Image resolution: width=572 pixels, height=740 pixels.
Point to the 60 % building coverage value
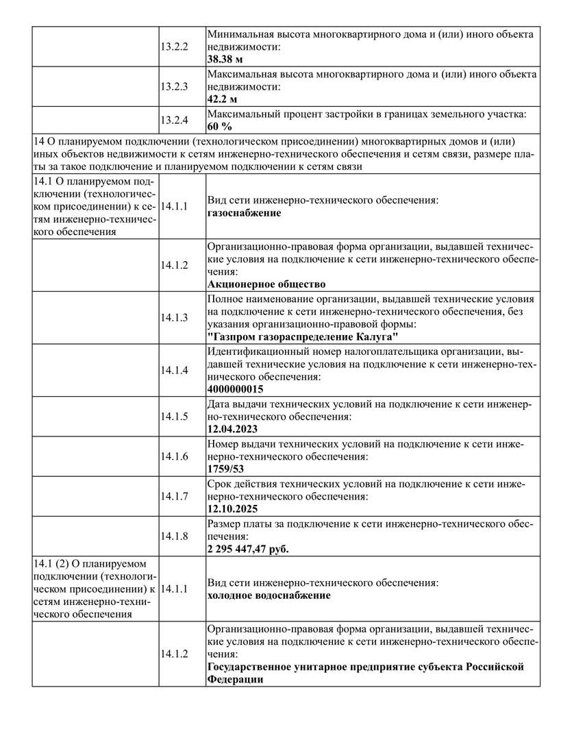click(x=219, y=127)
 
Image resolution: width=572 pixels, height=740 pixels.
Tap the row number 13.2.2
click(x=174, y=46)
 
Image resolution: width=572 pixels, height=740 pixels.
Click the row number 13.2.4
click(x=174, y=121)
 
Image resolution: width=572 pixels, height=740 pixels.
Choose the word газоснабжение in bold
click(x=244, y=213)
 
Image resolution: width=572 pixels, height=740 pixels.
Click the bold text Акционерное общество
click(x=266, y=284)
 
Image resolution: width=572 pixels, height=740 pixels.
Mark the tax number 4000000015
click(x=235, y=389)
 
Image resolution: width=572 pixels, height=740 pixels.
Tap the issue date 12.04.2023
click(x=232, y=430)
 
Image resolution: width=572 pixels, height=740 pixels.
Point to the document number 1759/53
click(x=225, y=469)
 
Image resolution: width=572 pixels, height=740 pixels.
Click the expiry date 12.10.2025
click(x=232, y=509)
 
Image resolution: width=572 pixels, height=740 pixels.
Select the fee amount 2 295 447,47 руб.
click(x=247, y=549)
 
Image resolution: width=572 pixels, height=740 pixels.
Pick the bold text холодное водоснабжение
click(x=269, y=595)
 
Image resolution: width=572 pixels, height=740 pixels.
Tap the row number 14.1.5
click(x=174, y=417)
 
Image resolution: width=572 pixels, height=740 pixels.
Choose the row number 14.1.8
click(x=174, y=536)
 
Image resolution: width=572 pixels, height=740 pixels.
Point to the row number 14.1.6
click(x=174, y=456)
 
